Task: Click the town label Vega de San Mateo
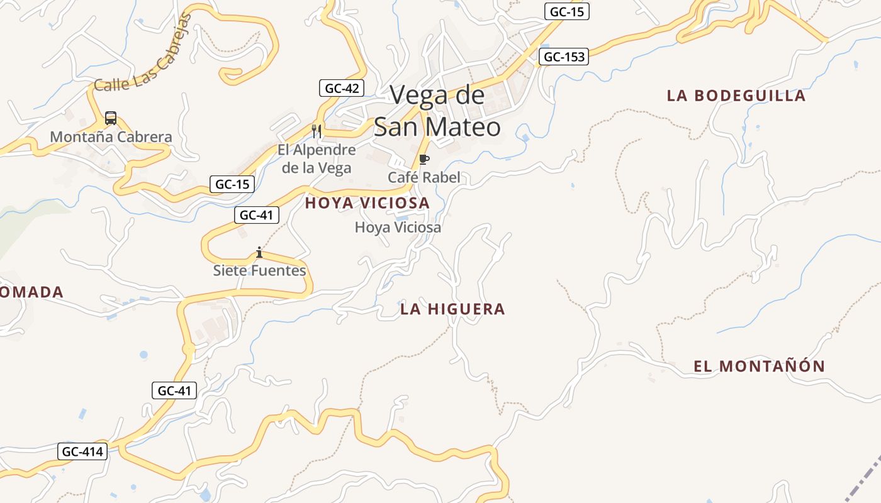point(437,111)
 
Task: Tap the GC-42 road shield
point(342,88)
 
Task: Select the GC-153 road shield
point(563,57)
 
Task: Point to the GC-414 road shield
point(82,451)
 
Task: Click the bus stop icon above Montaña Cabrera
point(111,118)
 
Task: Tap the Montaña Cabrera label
point(111,136)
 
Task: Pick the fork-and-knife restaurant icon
point(317,131)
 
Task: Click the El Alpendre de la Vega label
point(317,158)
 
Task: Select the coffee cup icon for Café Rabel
point(424,159)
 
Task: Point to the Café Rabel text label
point(424,177)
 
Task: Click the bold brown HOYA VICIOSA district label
point(368,203)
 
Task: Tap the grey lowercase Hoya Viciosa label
point(398,227)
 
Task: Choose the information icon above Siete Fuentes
point(259,252)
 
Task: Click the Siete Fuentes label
point(259,271)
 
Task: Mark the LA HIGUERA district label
point(452,309)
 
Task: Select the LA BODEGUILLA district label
point(736,96)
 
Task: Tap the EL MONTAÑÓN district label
point(759,366)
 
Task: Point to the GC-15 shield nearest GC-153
point(567,11)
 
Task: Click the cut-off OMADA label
point(31,292)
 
